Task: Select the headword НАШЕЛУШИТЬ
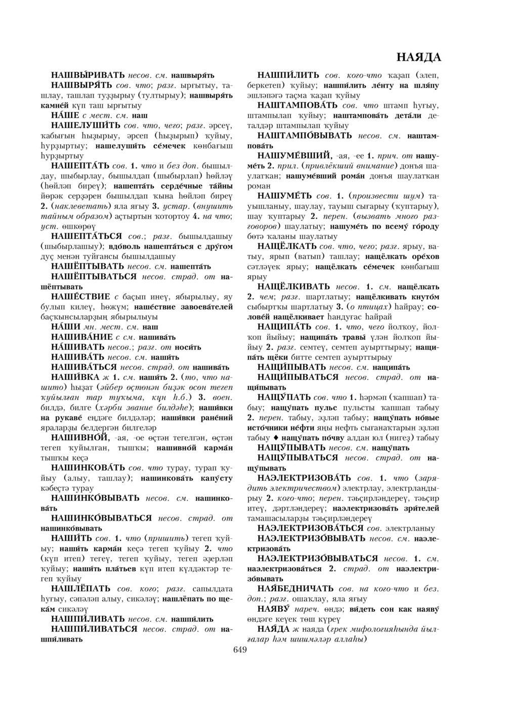[x=86, y=125]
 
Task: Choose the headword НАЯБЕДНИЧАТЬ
[x=296, y=588]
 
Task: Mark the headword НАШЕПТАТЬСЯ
[x=87, y=236]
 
